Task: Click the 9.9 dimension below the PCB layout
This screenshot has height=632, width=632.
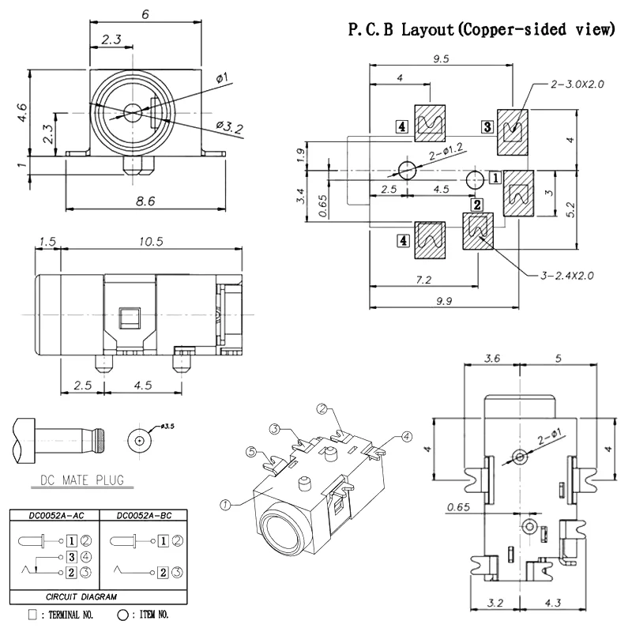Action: [x=448, y=300]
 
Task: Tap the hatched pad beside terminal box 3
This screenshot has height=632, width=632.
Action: [x=513, y=130]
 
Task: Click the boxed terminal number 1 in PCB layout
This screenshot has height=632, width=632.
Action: [x=495, y=178]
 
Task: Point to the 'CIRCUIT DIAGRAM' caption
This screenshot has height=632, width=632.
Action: [x=100, y=597]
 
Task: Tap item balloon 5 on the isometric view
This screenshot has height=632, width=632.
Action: [x=251, y=453]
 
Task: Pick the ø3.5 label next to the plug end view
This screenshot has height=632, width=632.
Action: [x=167, y=427]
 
